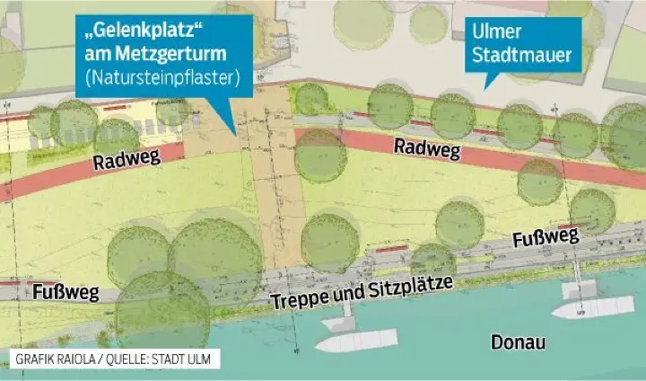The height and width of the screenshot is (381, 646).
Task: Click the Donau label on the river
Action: pos(519,342)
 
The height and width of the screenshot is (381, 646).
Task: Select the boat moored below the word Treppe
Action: pos(355,341)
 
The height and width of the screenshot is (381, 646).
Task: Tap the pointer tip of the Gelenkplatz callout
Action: pos(235,136)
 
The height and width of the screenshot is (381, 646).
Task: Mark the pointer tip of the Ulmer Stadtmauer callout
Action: pos(485,89)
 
